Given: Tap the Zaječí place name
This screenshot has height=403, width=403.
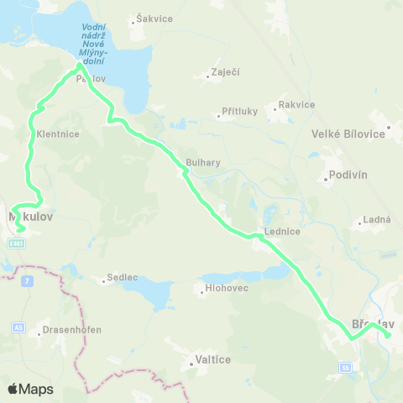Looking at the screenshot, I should pyautogui.click(x=226, y=71).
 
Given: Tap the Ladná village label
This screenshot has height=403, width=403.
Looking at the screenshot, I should pyautogui.click(x=374, y=220).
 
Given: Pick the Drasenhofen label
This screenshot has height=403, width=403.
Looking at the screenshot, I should pyautogui.click(x=71, y=330).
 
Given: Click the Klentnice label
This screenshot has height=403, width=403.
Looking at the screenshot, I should pyautogui.click(x=58, y=133).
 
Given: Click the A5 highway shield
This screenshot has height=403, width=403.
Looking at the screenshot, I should pyautogui.click(x=18, y=327).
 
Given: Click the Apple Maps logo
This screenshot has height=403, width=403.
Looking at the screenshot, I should pyautogui.click(x=30, y=389).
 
